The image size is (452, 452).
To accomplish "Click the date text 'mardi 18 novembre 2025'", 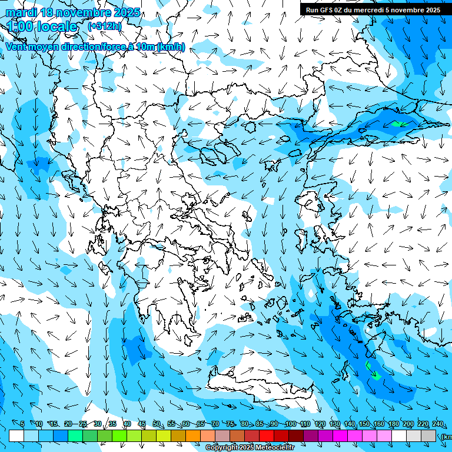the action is pyautogui.click(x=73, y=12).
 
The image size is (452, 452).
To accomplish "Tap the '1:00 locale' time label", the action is pyautogui.click(x=42, y=26).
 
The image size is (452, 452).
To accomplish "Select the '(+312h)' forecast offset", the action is pyautogui.click(x=104, y=26).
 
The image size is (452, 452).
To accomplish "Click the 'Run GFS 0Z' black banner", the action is pyautogui.click(x=373, y=9).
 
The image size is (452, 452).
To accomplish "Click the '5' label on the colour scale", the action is pyautogui.click(x=22, y=424).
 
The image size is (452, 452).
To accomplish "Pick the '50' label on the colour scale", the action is pyautogui.click(x=156, y=424).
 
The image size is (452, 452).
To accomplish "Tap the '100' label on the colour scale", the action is pyautogui.click(x=290, y=424).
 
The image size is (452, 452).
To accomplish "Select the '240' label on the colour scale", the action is pyautogui.click(x=437, y=424).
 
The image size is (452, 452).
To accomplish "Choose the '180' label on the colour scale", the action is pyautogui.click(x=393, y=424).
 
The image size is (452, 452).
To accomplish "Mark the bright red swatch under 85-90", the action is pyautogui.click(x=267, y=436).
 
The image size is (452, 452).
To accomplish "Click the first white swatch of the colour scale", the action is pyautogui.click(x=16, y=436).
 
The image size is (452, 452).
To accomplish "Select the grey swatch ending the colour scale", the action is pyautogui.click(x=428, y=436).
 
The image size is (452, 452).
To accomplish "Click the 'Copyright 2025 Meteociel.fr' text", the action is pyautogui.click(x=250, y=448).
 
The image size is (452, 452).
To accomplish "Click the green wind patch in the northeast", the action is pyautogui.click(x=398, y=124).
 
